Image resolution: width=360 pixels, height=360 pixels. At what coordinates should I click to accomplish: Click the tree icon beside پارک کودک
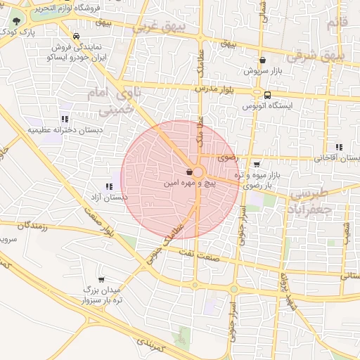pos(17,21)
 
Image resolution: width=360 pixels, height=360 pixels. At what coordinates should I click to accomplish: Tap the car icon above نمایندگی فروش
pos(76,35)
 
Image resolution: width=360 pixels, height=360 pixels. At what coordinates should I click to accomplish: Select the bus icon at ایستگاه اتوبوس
pos(267,95)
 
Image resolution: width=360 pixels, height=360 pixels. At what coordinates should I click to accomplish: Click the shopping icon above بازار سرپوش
pos(263,60)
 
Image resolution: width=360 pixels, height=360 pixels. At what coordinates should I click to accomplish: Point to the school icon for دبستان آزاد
pos(108,187)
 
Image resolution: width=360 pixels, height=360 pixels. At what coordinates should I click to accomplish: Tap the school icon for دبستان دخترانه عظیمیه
pos(65,119)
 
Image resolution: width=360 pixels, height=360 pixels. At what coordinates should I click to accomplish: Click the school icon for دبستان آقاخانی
pos(339,147)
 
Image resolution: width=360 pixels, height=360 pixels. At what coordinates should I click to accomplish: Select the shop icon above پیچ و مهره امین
pos(189,172)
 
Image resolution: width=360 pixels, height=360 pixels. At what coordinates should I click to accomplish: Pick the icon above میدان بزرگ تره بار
pos(101,279)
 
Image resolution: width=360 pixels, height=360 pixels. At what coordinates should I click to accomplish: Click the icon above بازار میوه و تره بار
pos(265,164)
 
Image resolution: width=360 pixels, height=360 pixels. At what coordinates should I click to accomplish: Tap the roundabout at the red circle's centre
pos(199,172)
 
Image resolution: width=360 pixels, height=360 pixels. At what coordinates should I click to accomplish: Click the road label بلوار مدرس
pos(213,91)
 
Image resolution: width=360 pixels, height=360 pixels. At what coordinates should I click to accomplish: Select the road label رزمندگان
pos(27,226)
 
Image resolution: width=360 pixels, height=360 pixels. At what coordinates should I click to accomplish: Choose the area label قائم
pos(338,24)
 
